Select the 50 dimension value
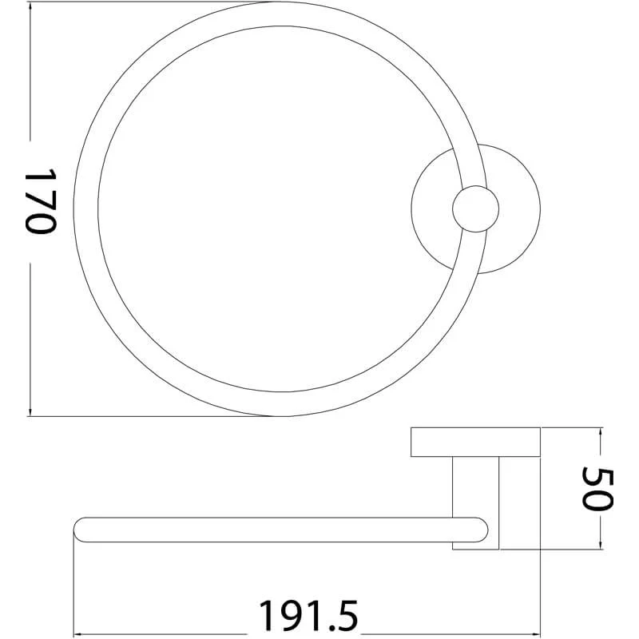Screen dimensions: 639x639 (598, 489)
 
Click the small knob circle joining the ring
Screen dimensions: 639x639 (475, 210)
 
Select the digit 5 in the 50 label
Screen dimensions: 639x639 (598, 475)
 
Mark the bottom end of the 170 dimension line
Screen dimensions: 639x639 (30, 415)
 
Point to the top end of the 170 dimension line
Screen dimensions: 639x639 (30, 3)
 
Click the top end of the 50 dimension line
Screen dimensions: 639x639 (598, 429)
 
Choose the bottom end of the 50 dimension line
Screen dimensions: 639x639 (598, 550)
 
